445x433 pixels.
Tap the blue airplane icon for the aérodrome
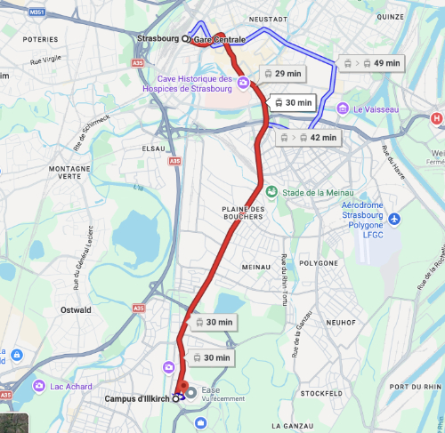394,219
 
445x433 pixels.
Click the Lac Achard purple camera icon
39,386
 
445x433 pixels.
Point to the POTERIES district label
40,40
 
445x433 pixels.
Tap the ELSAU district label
154,148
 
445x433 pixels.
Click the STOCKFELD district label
321,392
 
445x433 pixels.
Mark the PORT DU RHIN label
415,387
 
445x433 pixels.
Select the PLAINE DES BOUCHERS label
244,213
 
